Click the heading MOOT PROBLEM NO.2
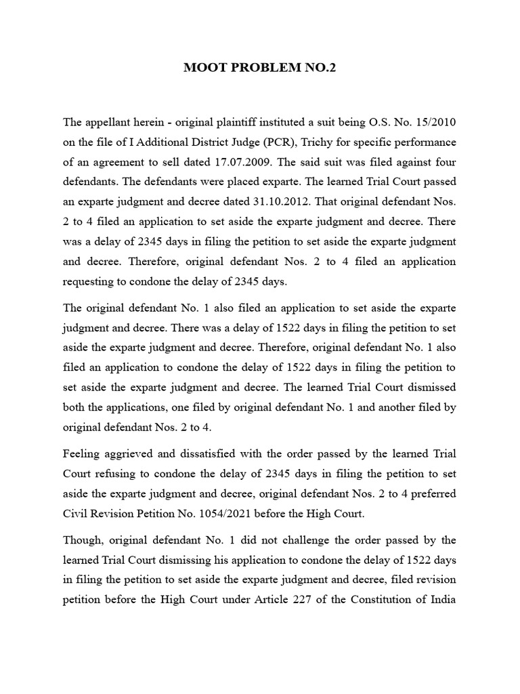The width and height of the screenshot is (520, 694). click(x=259, y=68)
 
